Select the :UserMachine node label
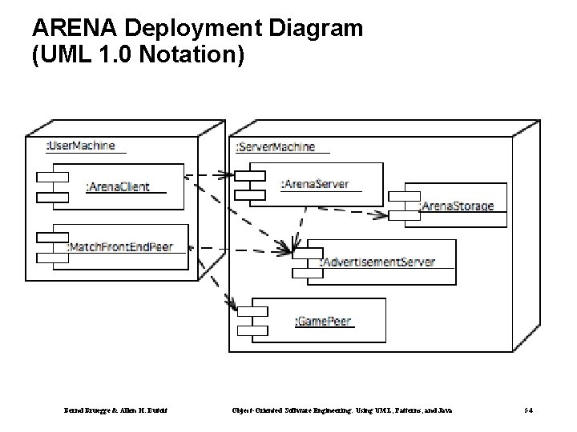80,146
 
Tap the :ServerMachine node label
276,147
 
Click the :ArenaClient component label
118,187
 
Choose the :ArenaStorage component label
458,206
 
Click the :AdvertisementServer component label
377,262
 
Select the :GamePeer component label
323,321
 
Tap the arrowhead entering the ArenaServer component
228,174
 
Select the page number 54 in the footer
530,410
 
